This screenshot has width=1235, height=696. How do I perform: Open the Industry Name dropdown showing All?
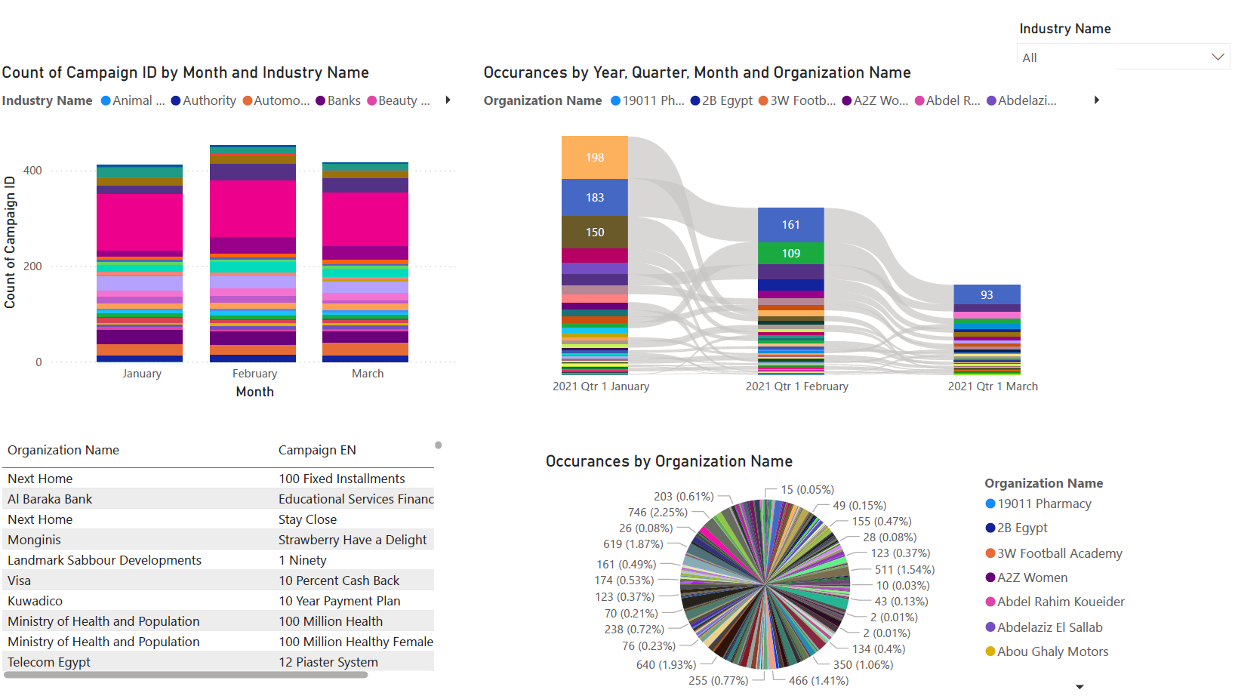(1123, 57)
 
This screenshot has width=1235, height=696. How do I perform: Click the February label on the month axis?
(254, 374)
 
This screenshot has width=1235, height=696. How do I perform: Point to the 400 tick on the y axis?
(32, 171)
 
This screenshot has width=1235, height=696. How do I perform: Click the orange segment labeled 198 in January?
(595, 158)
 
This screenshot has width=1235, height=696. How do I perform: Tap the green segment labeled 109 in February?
(790, 254)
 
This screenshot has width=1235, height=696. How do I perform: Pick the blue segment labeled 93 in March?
(987, 295)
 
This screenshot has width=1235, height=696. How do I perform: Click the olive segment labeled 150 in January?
(595, 233)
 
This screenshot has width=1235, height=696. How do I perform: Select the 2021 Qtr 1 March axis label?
(993, 386)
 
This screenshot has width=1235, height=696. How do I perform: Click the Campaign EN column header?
(317, 450)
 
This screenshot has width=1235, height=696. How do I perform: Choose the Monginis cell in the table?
(35, 540)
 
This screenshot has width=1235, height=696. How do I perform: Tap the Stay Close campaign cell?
(307, 519)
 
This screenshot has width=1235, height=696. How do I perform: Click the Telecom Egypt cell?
(49, 662)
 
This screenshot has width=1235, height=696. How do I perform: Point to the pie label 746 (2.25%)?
(658, 513)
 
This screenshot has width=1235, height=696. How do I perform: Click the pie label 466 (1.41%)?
(818, 681)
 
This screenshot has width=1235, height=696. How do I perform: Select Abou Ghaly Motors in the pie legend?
(1052, 651)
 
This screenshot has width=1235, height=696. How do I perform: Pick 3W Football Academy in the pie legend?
(1059, 553)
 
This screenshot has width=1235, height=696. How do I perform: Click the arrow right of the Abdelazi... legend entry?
(1096, 100)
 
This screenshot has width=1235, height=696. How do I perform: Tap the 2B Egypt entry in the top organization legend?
(727, 100)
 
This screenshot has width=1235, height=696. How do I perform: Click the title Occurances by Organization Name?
(669, 461)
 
